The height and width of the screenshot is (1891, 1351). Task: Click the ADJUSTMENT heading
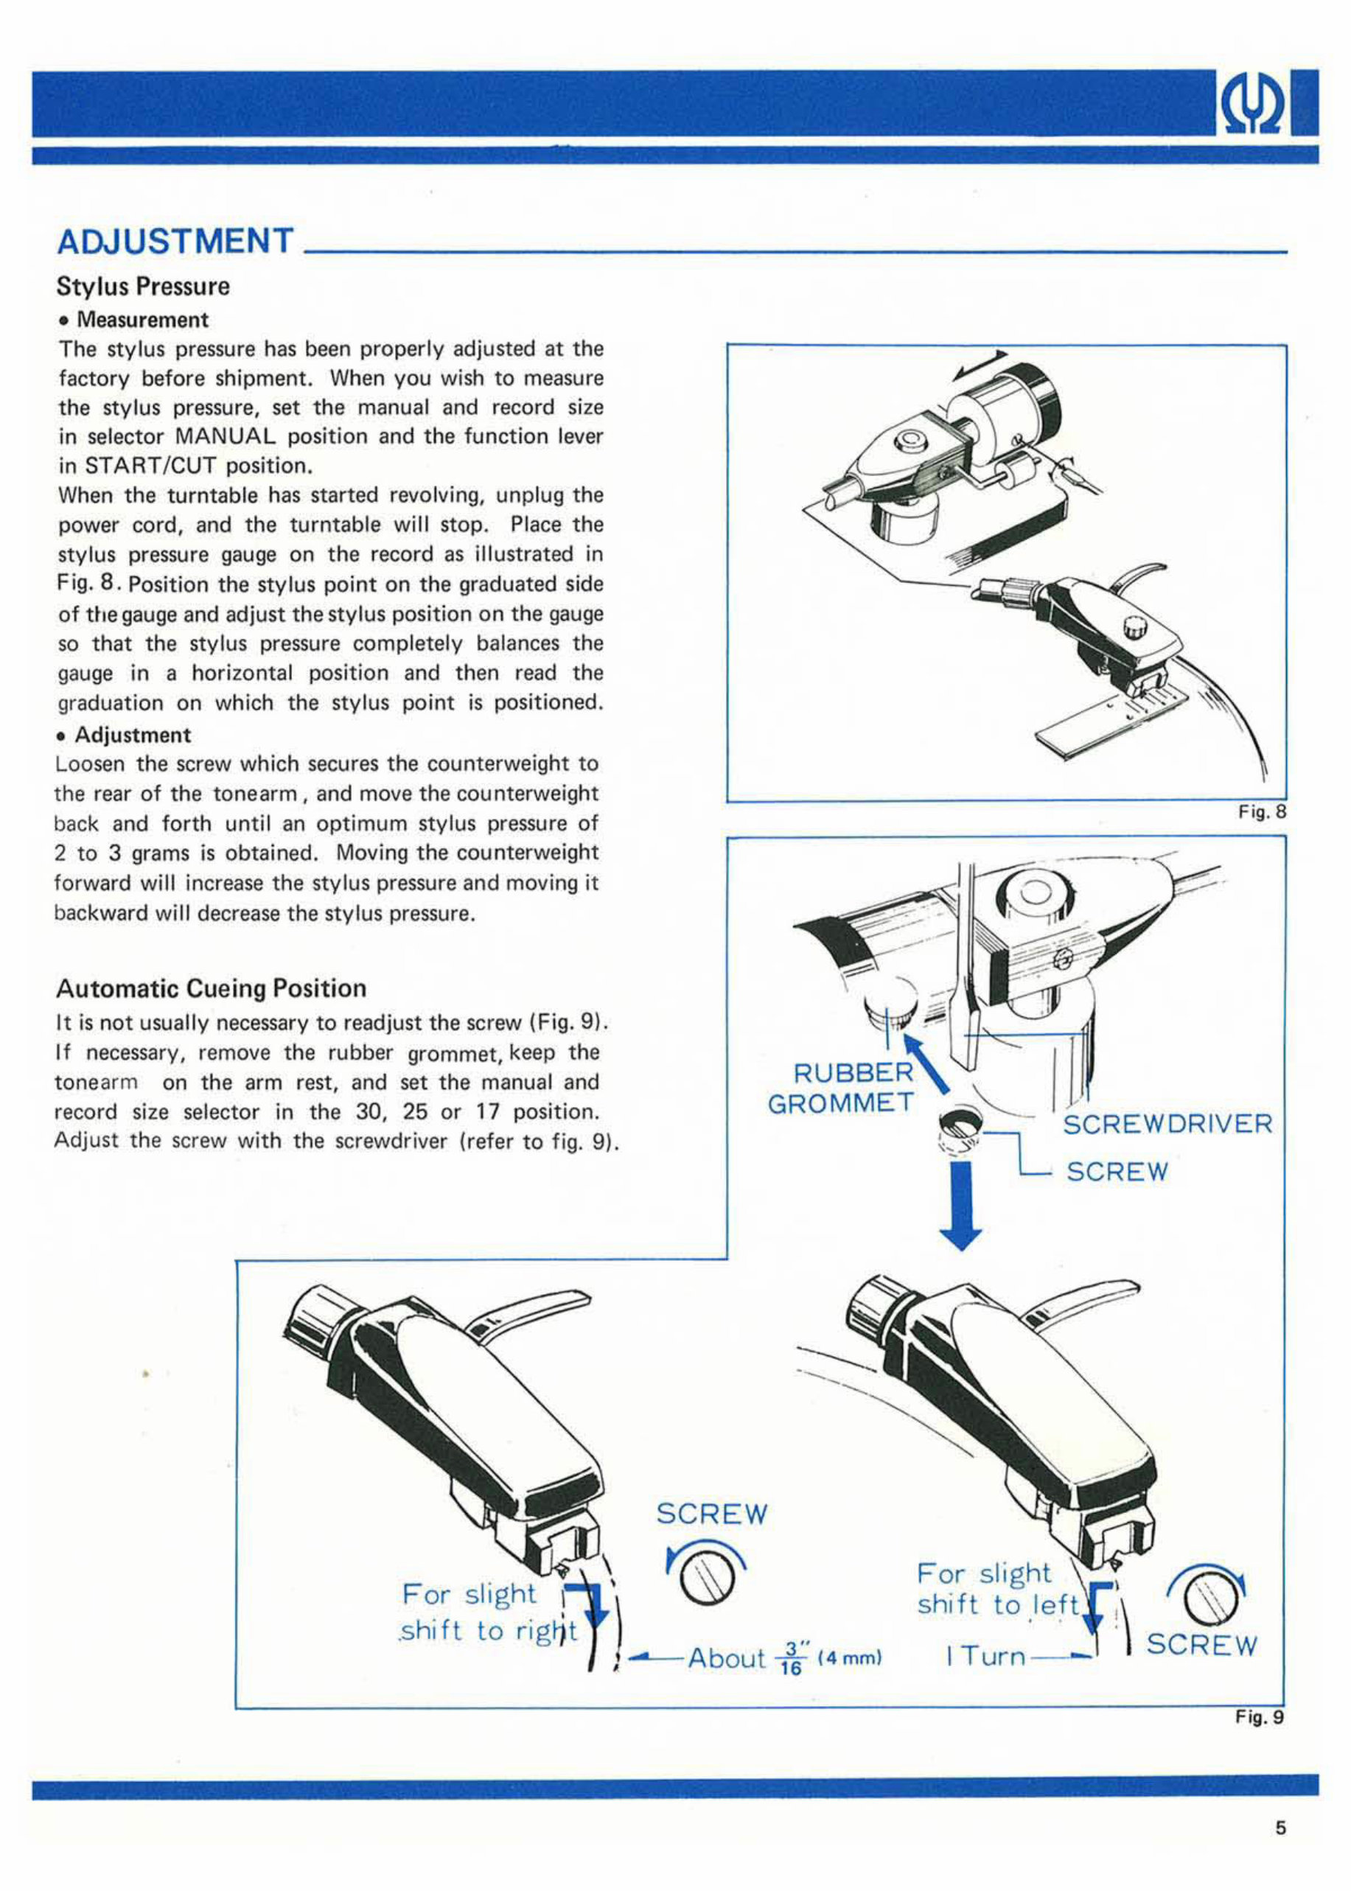click(x=175, y=241)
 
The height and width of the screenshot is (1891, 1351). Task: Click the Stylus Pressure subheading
click(x=142, y=287)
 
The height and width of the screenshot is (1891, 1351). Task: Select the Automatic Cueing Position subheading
click(x=211, y=989)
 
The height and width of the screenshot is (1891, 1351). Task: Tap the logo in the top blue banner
click(x=1257, y=103)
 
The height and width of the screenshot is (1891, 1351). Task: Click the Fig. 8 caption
click(x=1262, y=812)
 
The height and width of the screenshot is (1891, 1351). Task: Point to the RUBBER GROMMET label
click(x=840, y=1088)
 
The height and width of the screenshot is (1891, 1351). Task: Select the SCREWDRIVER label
click(x=1167, y=1125)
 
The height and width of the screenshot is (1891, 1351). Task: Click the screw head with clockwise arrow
click(x=1205, y=1598)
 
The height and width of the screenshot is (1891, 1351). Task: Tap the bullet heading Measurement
click(x=142, y=320)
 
